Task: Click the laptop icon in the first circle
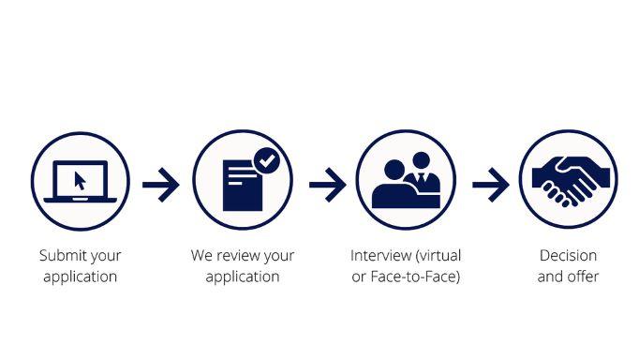81,182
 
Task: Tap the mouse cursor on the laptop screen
80,181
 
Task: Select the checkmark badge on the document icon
267,160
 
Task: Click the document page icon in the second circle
243,186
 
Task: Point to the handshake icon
571,181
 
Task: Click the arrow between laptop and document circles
160,185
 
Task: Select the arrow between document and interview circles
328,185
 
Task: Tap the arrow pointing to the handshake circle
491,185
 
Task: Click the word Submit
59,256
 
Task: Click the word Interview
381,256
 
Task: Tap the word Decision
568,256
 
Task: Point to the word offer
584,277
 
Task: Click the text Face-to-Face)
415,277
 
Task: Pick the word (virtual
438,256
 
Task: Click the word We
201,256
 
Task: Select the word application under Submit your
81,277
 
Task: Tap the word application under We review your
243,277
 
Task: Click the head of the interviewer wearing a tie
421,160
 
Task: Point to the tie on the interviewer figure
421,178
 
